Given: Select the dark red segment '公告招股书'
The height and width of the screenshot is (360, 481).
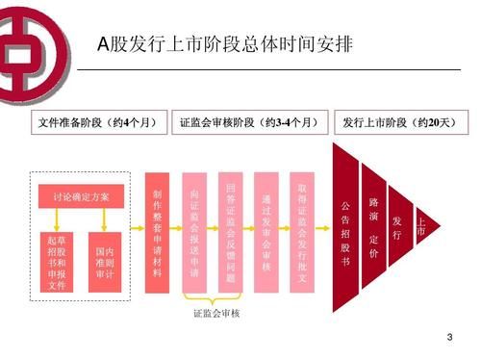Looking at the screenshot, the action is [x=345, y=231].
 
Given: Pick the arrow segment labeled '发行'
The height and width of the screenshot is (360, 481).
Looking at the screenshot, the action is [x=397, y=228].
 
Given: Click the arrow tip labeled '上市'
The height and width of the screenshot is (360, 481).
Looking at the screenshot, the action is [x=420, y=228].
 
